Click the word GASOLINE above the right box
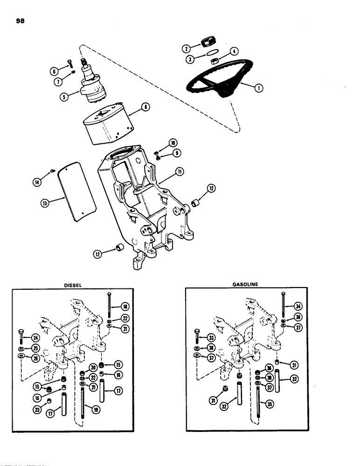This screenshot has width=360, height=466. click(245, 283)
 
